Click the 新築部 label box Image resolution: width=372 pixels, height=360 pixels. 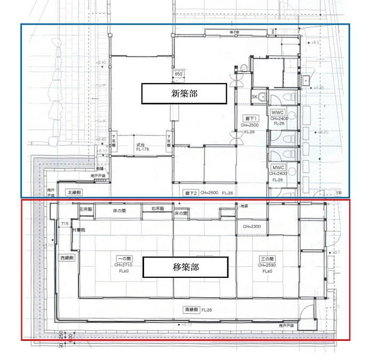coord(183,93)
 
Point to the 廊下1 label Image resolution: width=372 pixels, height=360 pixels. coord(251,118)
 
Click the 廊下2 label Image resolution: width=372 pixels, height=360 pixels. coord(191,193)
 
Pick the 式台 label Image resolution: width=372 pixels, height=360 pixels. coord(140,145)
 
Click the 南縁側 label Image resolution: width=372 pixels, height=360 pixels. coord(192,309)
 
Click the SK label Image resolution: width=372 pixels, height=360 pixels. coord(254,97)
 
